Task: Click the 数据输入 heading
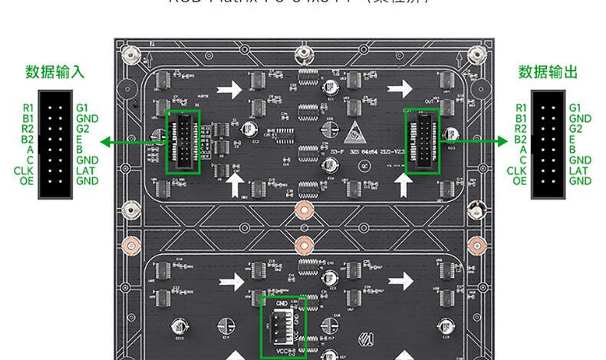54,73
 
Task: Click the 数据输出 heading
548,73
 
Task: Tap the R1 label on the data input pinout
28,108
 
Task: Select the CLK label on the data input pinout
24,170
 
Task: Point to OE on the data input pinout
27,181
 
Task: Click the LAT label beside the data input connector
86,170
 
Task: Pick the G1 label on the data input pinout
82,108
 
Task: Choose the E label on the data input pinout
79,140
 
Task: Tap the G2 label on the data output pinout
576,129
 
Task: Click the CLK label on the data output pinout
517,170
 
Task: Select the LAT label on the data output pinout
579,170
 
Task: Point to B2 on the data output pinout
521,140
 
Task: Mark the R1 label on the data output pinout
522,108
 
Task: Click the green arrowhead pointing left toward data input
107,142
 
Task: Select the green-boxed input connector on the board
183,142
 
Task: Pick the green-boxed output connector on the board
422,141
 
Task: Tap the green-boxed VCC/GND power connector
283,325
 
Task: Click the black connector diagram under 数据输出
548,145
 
